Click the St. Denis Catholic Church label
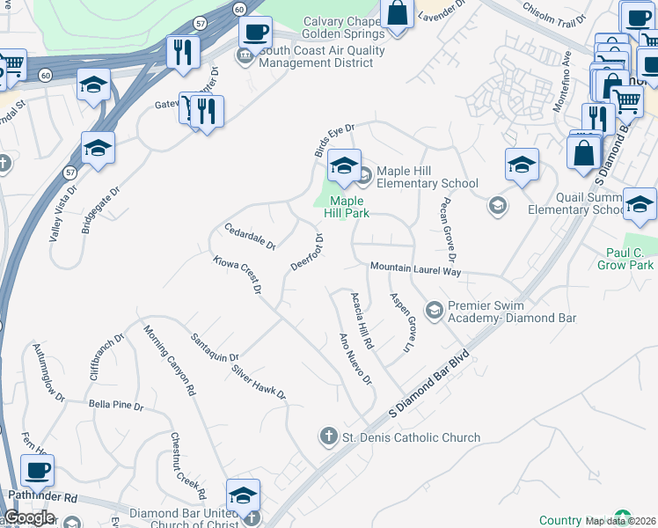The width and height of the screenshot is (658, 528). [x=412, y=437]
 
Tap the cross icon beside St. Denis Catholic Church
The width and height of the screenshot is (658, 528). [x=328, y=436]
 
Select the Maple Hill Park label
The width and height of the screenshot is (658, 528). [x=347, y=207]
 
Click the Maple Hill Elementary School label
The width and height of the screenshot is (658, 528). [x=427, y=178]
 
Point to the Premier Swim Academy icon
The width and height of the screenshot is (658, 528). [x=433, y=310]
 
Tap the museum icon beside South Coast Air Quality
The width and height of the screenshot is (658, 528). [x=245, y=57]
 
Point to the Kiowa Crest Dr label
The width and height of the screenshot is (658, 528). [x=238, y=275]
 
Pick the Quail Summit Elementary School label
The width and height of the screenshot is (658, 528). [x=576, y=203]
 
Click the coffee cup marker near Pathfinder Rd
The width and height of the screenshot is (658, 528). [x=37, y=472]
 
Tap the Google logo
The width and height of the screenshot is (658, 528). [x=28, y=517]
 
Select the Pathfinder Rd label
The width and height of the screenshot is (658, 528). [x=42, y=498]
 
